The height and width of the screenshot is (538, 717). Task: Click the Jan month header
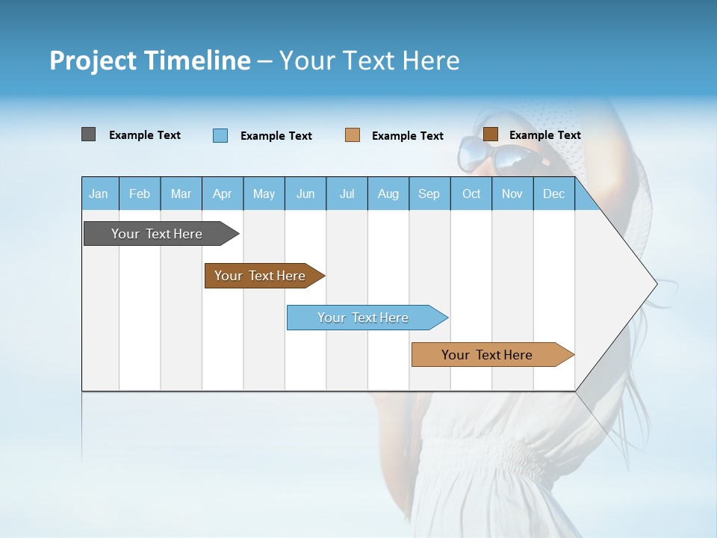click(99, 194)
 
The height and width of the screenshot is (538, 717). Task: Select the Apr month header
click(222, 194)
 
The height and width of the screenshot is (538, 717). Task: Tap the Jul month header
click(347, 194)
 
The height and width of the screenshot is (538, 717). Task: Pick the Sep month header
click(429, 194)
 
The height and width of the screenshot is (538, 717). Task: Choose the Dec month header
click(553, 194)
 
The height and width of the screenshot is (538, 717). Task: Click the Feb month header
click(140, 194)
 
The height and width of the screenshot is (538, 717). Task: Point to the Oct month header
click(471, 194)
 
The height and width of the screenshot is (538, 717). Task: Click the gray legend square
click(88, 134)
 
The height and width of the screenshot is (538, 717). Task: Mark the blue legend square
click(220, 135)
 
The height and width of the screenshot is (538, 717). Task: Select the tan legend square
click(352, 135)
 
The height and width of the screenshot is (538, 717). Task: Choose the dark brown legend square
click(490, 134)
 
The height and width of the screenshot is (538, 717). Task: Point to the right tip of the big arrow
click(656, 283)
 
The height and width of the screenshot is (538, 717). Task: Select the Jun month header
click(305, 194)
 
